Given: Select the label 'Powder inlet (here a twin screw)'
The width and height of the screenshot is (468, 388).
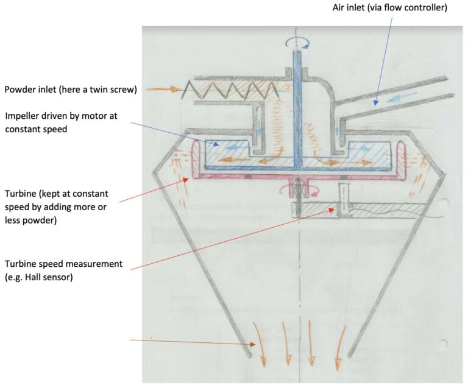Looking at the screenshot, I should point(71,90).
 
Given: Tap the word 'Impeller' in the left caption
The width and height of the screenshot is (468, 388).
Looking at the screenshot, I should point(23,116).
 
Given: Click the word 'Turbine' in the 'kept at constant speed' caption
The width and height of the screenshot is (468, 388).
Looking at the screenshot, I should point(20,193).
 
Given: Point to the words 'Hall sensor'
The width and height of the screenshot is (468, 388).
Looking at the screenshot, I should point(48,277).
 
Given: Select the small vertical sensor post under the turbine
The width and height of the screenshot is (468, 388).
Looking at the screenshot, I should point(340,200).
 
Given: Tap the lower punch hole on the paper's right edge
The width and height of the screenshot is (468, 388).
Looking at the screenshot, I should point(444,345).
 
